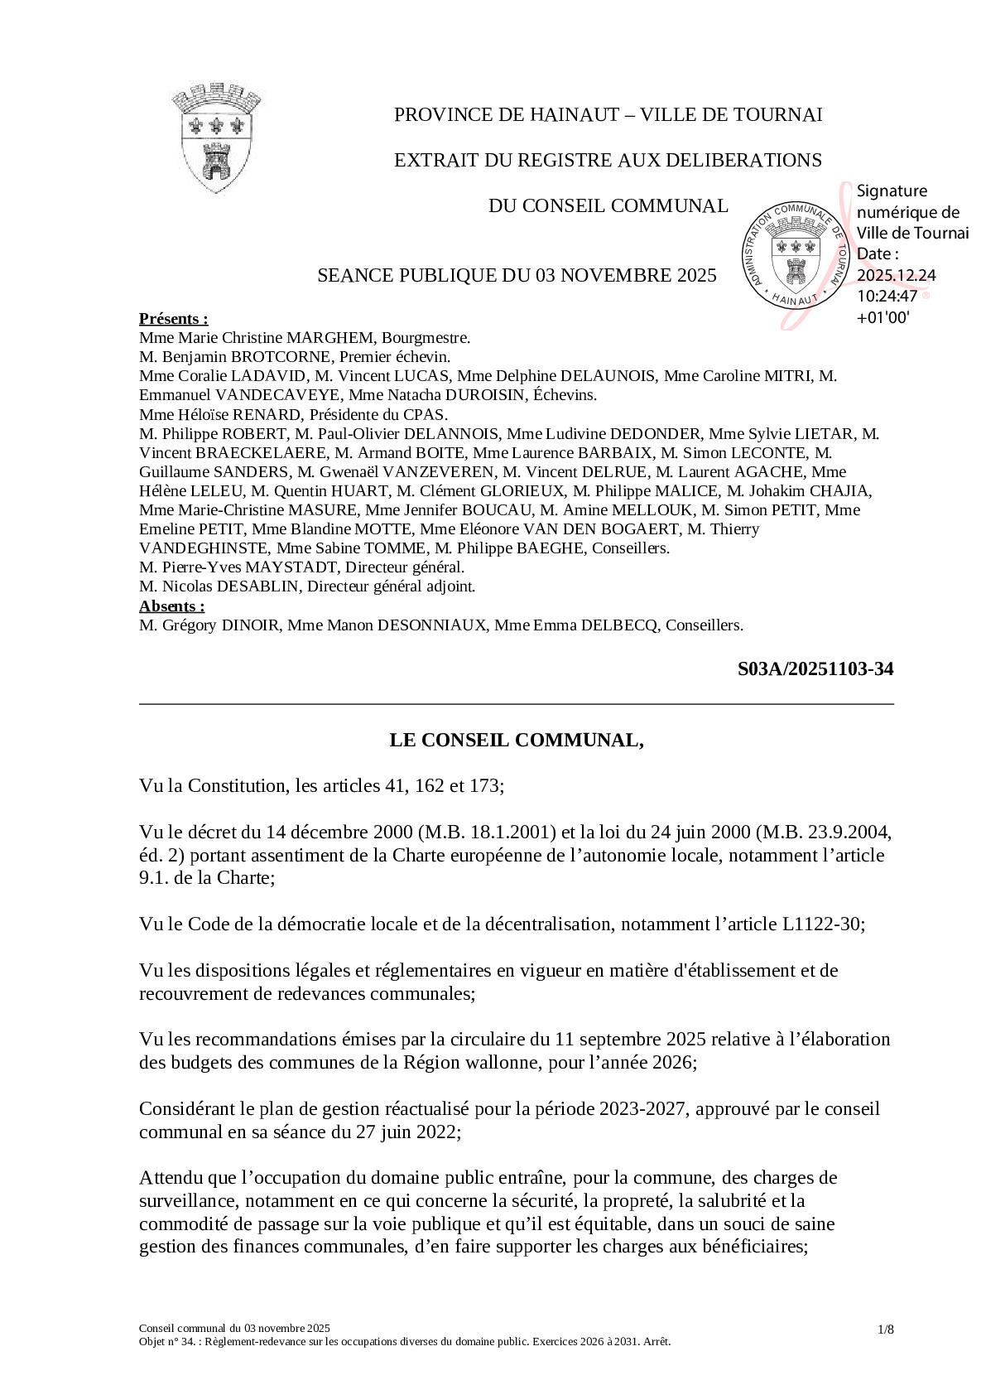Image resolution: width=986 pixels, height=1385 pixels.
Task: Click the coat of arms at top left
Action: coord(217,138)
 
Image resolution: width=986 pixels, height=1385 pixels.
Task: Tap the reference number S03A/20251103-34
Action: coord(815,669)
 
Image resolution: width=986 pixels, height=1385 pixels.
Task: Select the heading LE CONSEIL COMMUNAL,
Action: coord(517,740)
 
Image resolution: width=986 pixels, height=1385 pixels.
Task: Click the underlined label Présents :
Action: coord(173,319)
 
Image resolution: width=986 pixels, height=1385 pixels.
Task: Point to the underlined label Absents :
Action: coord(171,606)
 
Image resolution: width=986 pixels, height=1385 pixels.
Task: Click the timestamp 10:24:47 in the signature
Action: coord(887,296)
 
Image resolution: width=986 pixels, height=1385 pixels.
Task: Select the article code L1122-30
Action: coord(821,924)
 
